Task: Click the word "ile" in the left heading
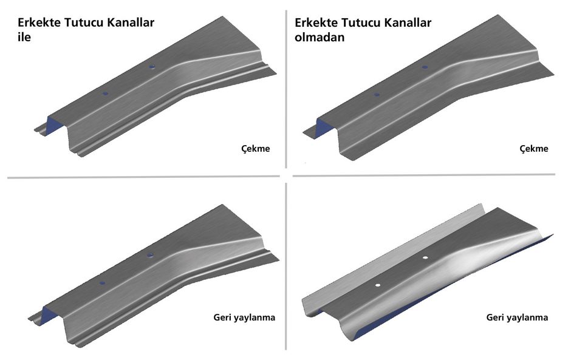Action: coord(24,37)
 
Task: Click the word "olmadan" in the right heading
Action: coord(320,37)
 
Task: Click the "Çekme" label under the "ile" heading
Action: coord(256,149)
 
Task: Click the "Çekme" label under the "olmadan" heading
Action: coord(534,149)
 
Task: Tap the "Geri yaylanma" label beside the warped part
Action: coord(517,318)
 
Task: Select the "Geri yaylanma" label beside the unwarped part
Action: coord(244,318)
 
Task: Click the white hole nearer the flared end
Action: coord(425,258)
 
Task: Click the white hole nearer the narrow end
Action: coord(378,285)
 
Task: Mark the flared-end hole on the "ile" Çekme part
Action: coord(152,67)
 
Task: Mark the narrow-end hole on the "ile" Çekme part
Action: coord(106,93)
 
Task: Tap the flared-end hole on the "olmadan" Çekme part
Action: coord(425,67)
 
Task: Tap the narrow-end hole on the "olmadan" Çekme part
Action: coord(377,95)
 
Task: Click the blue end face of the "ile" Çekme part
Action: coord(51,126)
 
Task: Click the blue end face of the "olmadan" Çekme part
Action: coord(324,127)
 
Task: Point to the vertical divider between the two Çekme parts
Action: coord(286,89)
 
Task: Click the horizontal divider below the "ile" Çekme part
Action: coord(143,177)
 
